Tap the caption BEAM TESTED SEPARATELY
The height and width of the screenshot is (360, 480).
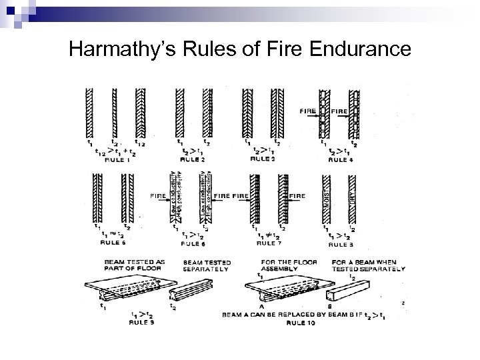tap(204, 265)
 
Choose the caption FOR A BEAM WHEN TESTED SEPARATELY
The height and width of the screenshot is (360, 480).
tap(367, 265)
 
